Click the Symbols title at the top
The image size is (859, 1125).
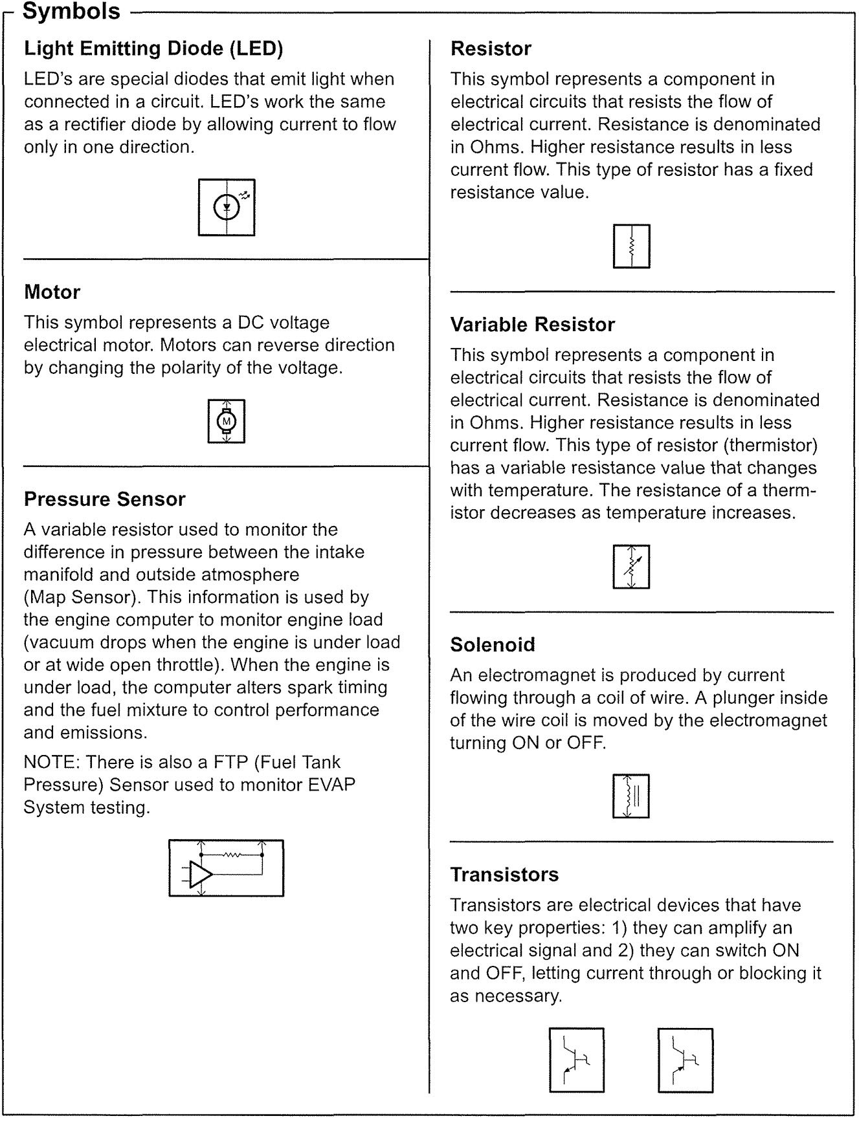pyautogui.click(x=71, y=11)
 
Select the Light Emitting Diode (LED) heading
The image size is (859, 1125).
pyautogui.click(x=153, y=49)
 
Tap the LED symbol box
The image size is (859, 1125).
pyautogui.click(x=227, y=207)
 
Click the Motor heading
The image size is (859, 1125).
pyautogui.click(x=52, y=292)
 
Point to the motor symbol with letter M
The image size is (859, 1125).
pyautogui.click(x=227, y=421)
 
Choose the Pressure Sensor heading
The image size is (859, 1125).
pyautogui.click(x=104, y=499)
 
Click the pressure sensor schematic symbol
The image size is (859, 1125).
pyautogui.click(x=227, y=868)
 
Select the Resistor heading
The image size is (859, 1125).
pyautogui.click(x=491, y=49)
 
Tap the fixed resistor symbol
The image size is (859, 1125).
pyautogui.click(x=631, y=246)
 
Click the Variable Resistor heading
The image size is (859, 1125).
pyautogui.click(x=532, y=325)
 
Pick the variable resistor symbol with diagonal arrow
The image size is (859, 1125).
pyautogui.click(x=631, y=567)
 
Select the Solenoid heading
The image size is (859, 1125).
pyautogui.click(x=493, y=645)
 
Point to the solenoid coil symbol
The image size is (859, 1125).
pyautogui.click(x=631, y=796)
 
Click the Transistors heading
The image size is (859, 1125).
pyautogui.click(x=504, y=875)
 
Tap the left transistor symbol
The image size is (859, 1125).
pyautogui.click(x=577, y=1060)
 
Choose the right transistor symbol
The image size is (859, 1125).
pyautogui.click(x=686, y=1060)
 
